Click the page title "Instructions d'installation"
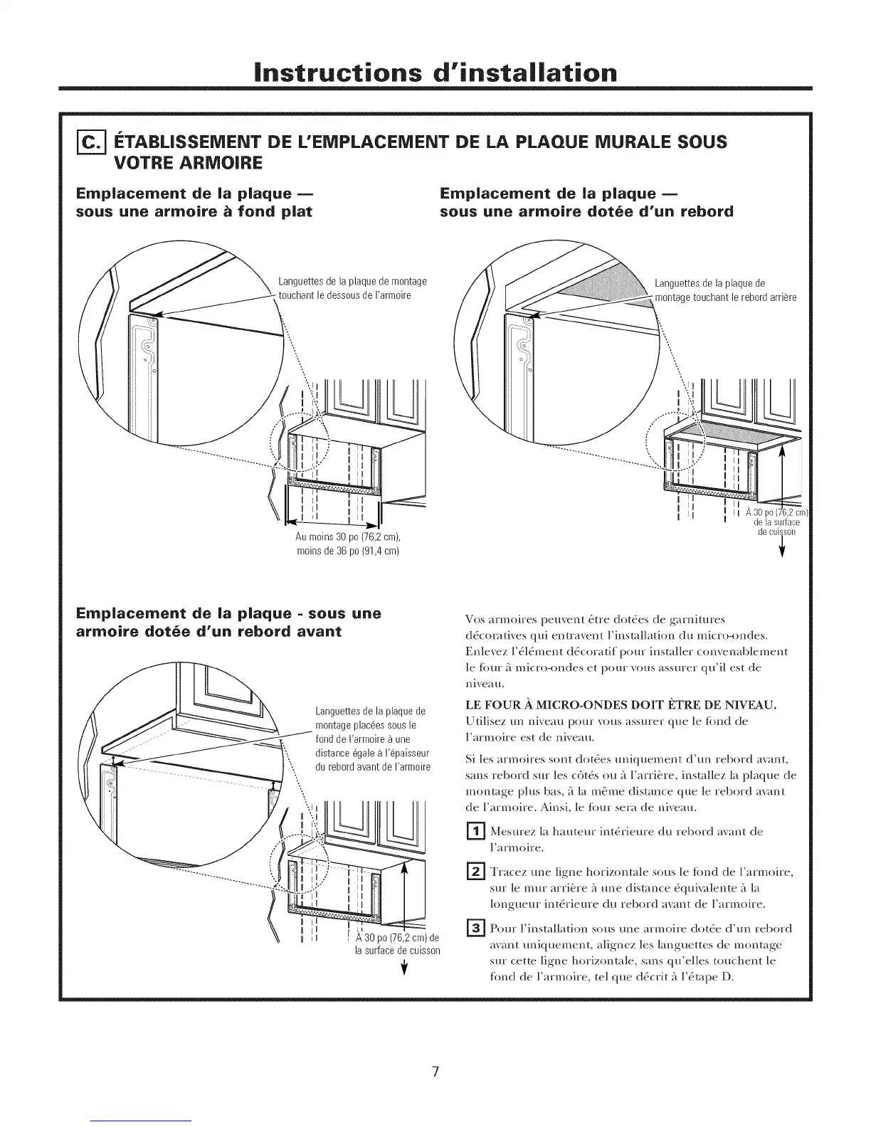pos(435,73)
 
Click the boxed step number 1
pos(473,830)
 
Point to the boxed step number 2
pos(473,872)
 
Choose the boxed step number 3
pos(473,928)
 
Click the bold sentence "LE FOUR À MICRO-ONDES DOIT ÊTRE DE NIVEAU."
pos(620,706)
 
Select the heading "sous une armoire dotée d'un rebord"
pos(586,212)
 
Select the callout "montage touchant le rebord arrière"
pos(725,297)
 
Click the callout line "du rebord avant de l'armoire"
pos(373,766)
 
